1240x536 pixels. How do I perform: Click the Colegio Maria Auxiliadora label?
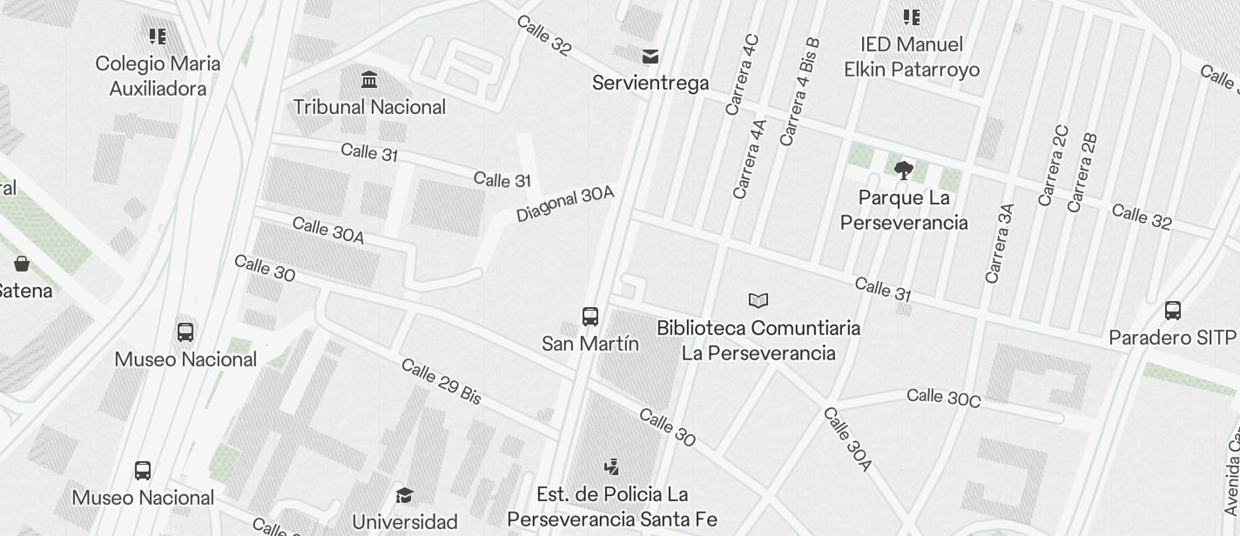pyautogui.click(x=158, y=76)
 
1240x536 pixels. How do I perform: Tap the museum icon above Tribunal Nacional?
pyautogui.click(x=369, y=80)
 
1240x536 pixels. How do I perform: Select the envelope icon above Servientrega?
pyautogui.click(x=650, y=57)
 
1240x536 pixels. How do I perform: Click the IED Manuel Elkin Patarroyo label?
pyautogui.click(x=912, y=57)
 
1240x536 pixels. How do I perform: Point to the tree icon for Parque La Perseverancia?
pyautogui.click(x=904, y=170)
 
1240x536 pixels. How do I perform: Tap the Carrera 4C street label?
pyautogui.click(x=743, y=75)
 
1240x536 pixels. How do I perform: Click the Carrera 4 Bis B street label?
pyautogui.click(x=799, y=91)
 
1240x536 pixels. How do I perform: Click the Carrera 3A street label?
pyautogui.click(x=1000, y=244)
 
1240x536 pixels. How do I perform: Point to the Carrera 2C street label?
pyautogui.click(x=1053, y=165)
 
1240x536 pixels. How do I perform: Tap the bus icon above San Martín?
pyautogui.click(x=590, y=316)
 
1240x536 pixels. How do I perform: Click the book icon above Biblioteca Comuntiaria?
pyautogui.click(x=758, y=301)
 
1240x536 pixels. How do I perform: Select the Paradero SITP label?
pyautogui.click(x=1172, y=338)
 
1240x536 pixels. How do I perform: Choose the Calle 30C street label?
pyautogui.click(x=943, y=398)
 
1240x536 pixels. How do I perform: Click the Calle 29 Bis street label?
pyautogui.click(x=441, y=381)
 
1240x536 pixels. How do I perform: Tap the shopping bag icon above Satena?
pyautogui.click(x=22, y=263)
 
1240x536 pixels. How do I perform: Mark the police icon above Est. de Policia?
pyautogui.click(x=612, y=467)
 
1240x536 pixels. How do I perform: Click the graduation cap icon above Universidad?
pyautogui.click(x=404, y=496)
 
